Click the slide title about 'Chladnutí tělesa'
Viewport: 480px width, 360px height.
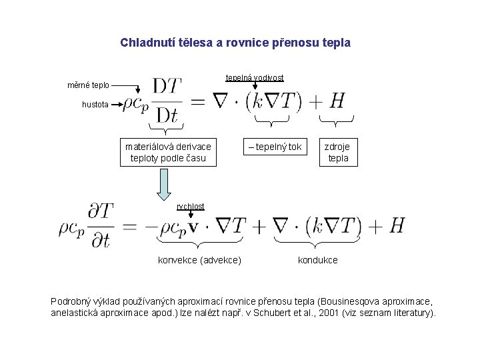[x=235, y=43]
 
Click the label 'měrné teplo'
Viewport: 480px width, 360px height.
[x=89, y=85]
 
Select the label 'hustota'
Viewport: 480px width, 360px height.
[x=95, y=104]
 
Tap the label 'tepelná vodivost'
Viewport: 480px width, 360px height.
[x=254, y=78]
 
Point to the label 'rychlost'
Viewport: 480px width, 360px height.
[x=191, y=207]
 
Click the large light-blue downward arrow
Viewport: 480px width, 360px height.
[x=163, y=183]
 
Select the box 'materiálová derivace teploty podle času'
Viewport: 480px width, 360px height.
[x=168, y=152]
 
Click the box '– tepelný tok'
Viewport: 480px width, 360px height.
[x=275, y=147]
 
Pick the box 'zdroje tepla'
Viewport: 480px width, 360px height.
[x=337, y=152]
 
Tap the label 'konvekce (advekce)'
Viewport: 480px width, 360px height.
[x=199, y=259]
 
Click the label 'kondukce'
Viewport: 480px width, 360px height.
[x=317, y=259]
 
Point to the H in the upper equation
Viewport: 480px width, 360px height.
[x=337, y=101]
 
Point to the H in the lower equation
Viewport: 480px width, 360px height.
[x=396, y=225]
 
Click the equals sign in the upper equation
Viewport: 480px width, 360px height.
[x=197, y=101]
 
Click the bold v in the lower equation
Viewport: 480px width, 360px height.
[x=193, y=227]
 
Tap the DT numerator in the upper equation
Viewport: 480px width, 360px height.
[x=167, y=87]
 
